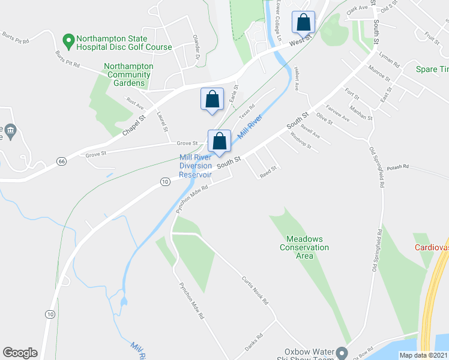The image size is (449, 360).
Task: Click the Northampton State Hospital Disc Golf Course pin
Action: [68, 41]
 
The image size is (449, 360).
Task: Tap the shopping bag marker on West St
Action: [304, 23]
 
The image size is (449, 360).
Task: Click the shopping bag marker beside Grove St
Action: [220, 141]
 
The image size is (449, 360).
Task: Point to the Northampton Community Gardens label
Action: [128, 74]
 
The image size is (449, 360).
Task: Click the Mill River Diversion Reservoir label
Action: [196, 166]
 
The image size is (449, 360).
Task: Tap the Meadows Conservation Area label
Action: [305, 247]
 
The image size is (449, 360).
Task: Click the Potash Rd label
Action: [397, 167]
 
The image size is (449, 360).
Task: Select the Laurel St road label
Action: [161, 122]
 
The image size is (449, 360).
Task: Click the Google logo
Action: [20, 353]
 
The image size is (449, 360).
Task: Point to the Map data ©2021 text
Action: [423, 355]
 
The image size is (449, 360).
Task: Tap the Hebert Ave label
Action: [297, 79]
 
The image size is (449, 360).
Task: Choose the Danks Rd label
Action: [254, 343]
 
